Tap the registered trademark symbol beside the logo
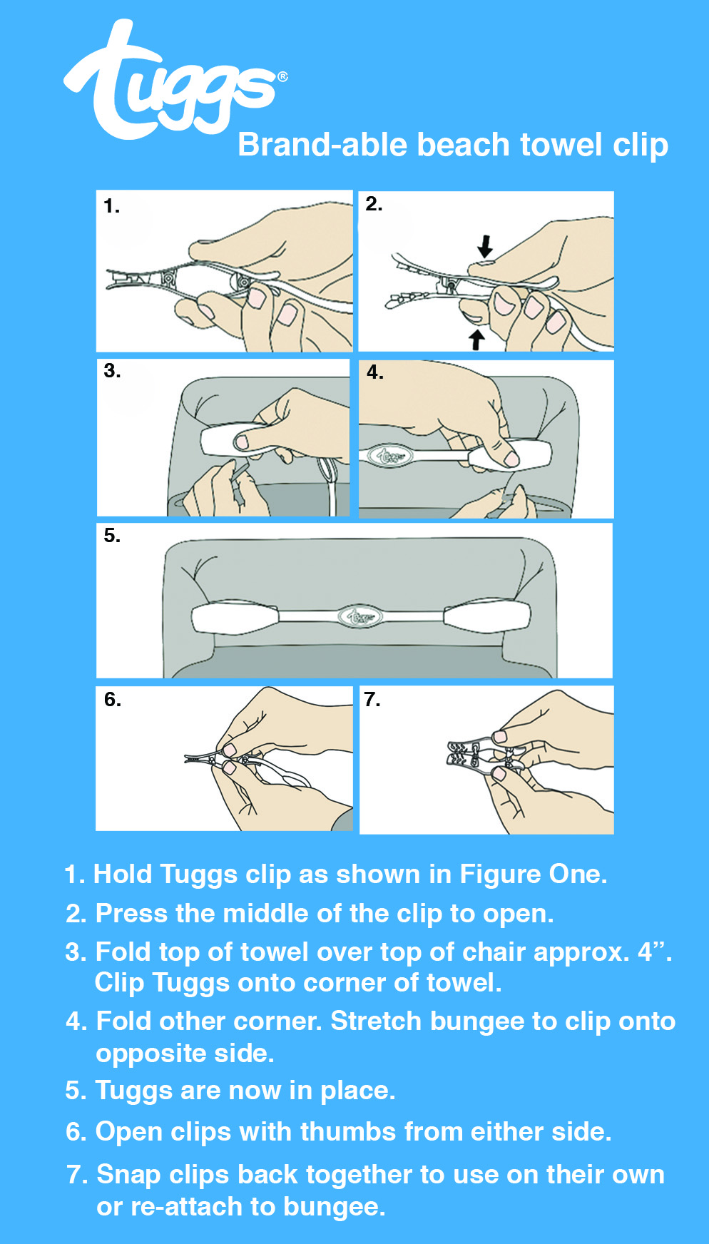(x=283, y=76)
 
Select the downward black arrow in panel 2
(x=485, y=246)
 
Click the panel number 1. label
(x=111, y=206)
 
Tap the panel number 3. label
(x=112, y=371)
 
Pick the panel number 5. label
(x=112, y=536)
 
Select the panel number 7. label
(x=372, y=699)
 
